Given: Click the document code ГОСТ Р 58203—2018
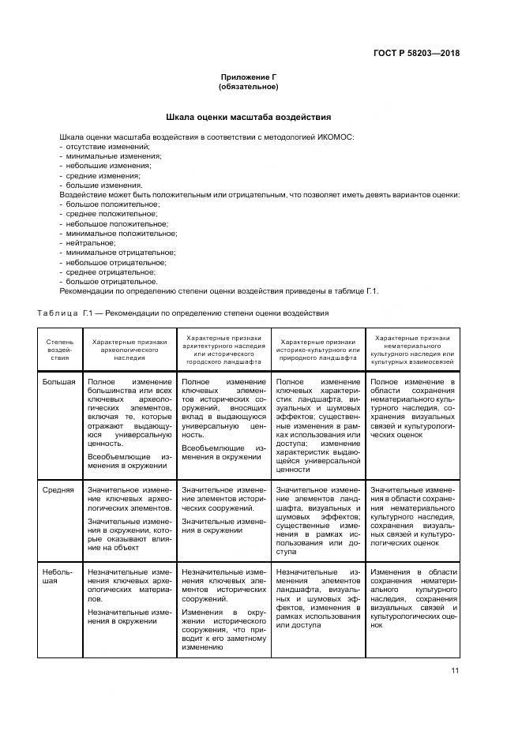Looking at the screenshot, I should tap(415, 54).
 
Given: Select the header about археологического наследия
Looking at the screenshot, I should tap(130, 349).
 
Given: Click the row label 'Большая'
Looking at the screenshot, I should tap(59, 383).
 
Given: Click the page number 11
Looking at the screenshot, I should tap(455, 671).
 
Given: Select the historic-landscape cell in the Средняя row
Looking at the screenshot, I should tap(318, 517).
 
